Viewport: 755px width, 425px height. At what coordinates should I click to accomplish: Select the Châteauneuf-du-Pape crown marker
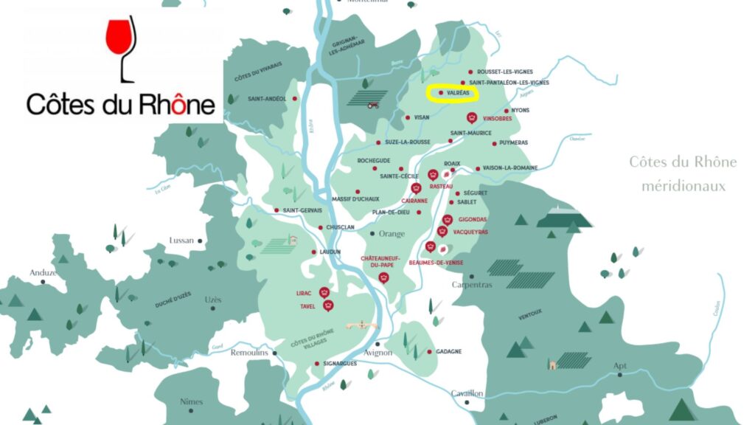383,277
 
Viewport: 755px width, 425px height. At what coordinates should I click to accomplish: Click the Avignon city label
377,353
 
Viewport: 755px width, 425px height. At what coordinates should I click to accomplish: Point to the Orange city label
392,234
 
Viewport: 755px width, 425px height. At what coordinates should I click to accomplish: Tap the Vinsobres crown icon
471,118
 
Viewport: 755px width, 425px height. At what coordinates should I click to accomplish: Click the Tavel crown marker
329,305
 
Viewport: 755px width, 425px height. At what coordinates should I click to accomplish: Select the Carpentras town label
471,285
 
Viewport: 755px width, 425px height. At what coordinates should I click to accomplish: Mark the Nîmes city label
191,401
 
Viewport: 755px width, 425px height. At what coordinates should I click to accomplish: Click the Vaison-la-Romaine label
512,168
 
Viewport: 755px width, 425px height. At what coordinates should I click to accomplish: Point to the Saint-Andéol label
266,98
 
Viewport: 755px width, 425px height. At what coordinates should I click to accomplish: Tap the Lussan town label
181,241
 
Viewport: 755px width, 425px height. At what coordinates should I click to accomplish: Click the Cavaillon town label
467,393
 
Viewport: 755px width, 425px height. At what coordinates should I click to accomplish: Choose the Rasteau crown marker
434,176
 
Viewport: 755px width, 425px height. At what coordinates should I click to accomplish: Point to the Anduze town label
44,272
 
